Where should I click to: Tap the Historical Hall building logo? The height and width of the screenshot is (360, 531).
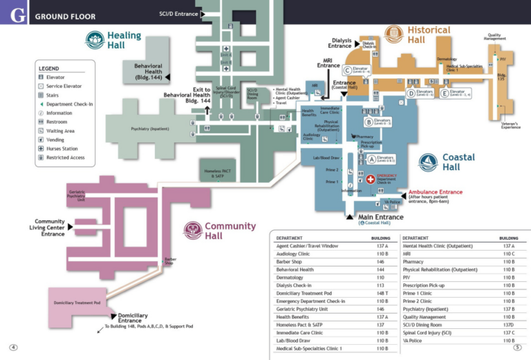[393, 34]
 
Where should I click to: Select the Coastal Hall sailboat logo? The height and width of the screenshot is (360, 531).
[429, 162]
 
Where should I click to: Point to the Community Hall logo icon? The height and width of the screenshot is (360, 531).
[192, 231]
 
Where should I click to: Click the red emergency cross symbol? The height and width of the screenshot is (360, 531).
[370, 178]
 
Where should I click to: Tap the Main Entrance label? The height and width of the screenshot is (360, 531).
[380, 218]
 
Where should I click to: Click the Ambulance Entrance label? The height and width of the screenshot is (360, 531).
[436, 192]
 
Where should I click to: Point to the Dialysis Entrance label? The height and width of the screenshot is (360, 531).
[341, 44]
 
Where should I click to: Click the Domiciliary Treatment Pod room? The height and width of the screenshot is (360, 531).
[77, 303]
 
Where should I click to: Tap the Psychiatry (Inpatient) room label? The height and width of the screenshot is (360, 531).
[149, 129]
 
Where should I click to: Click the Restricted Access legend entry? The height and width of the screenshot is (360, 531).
[65, 158]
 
